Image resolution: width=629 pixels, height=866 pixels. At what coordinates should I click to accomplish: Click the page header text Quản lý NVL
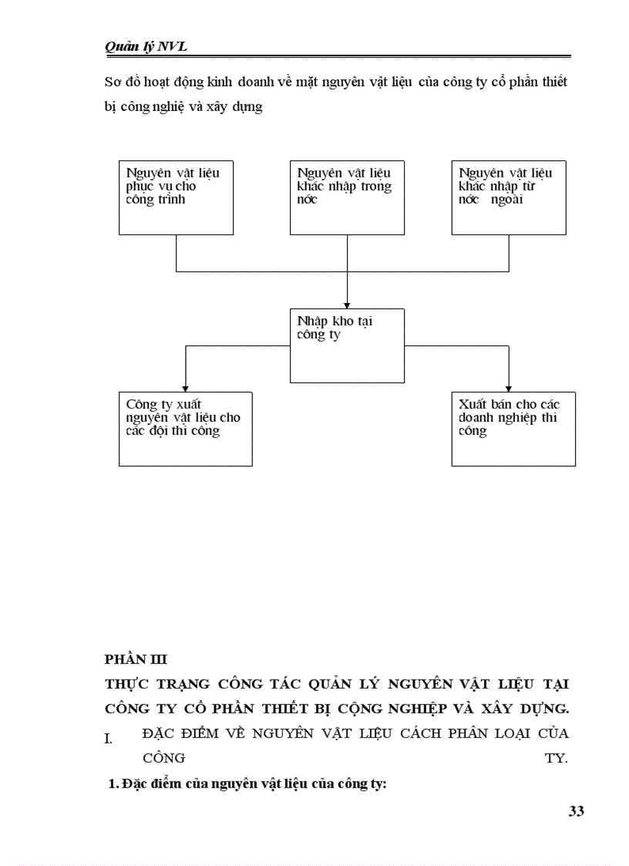click(x=146, y=47)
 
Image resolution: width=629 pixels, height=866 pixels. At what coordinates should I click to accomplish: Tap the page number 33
click(x=577, y=810)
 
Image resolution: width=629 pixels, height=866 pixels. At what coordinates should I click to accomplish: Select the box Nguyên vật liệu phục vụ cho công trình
click(x=176, y=197)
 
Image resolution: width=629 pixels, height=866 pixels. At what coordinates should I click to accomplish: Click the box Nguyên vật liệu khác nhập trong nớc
click(x=346, y=197)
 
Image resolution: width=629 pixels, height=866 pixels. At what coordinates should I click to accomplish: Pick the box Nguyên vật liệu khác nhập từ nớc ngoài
click(x=509, y=197)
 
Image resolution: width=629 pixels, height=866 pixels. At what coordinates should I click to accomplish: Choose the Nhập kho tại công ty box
click(x=347, y=345)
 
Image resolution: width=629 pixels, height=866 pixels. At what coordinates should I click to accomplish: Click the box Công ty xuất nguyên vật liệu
click(x=185, y=428)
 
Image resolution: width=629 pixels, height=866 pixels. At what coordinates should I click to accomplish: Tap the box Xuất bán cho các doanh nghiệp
click(x=513, y=428)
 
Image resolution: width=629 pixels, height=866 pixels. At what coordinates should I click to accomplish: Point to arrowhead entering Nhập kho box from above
click(x=347, y=303)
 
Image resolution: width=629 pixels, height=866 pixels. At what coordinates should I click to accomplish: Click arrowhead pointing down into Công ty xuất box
click(x=185, y=387)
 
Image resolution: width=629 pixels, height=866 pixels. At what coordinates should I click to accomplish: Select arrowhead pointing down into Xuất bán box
click(x=509, y=387)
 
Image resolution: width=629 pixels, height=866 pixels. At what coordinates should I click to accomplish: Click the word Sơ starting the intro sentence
click(x=113, y=82)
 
